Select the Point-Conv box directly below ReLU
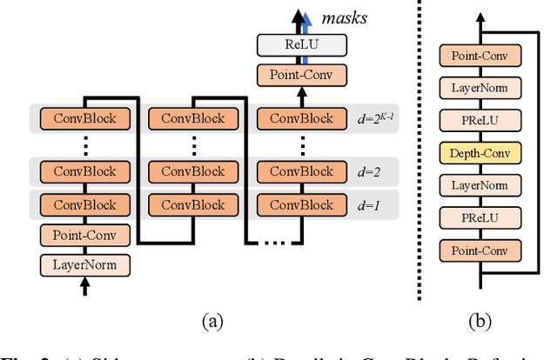pyautogui.click(x=300, y=76)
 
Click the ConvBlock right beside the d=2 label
pyautogui.click(x=300, y=171)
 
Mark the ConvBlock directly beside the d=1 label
pyautogui.click(x=300, y=205)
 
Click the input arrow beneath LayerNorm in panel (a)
pyautogui.click(x=84, y=288)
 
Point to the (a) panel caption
pyautogui.click(x=211, y=321)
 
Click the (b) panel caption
pyautogui.click(x=479, y=321)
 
